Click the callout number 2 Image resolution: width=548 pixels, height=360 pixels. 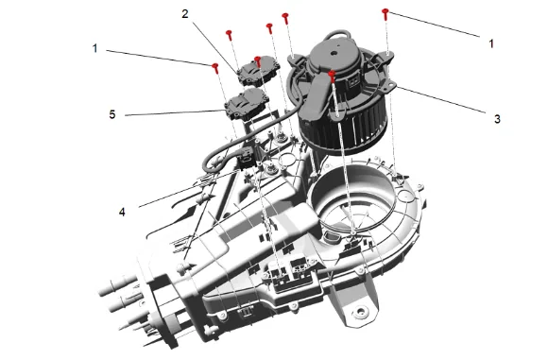[x=185, y=14]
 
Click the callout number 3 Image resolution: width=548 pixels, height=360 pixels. [x=497, y=119]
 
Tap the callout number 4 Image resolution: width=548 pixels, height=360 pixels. [x=122, y=212]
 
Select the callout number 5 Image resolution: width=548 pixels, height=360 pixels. [x=112, y=114]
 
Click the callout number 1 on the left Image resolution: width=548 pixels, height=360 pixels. [x=94, y=48]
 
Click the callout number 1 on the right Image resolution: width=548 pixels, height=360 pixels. [x=491, y=43]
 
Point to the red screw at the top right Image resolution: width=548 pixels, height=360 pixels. [x=385, y=14]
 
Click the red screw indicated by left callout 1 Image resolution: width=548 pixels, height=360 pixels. [x=215, y=68]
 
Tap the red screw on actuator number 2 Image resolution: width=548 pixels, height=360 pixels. [x=258, y=61]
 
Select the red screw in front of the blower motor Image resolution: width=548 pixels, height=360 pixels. [x=332, y=76]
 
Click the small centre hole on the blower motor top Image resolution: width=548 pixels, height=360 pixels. [x=334, y=54]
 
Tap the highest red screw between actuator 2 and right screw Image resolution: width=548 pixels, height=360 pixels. [x=285, y=18]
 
